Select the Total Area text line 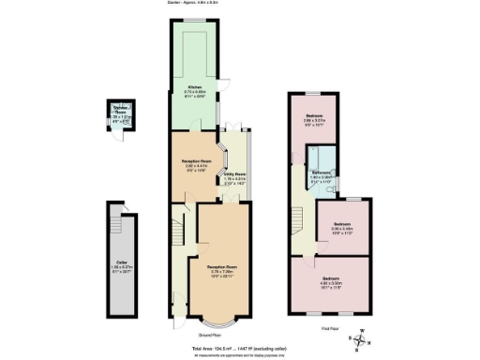240,347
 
